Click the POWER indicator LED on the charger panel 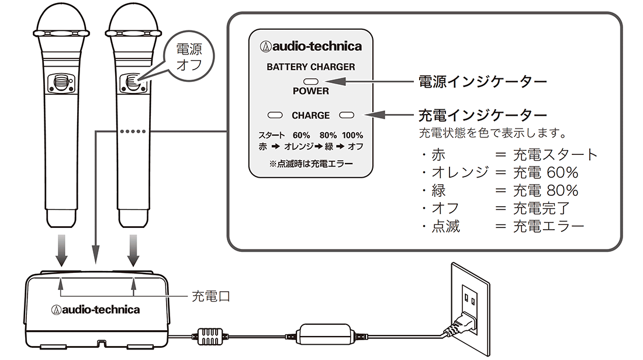(x=310, y=81)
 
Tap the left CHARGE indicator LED (x=275, y=115)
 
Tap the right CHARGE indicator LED (x=347, y=115)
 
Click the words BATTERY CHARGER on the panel (x=310, y=67)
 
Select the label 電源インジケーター (x=482, y=82)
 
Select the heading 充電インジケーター (x=482, y=115)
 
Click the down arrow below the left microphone (x=61, y=250)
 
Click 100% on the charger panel (x=352, y=135)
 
